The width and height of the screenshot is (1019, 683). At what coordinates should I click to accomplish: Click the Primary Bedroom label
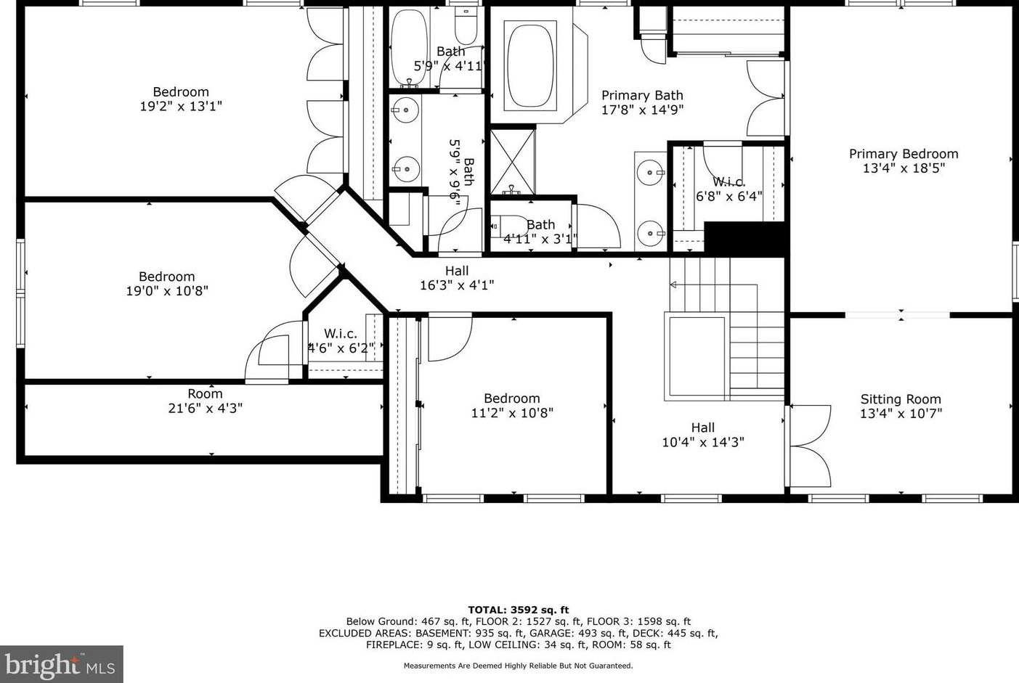(904, 160)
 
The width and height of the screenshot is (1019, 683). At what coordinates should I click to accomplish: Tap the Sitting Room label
(901, 406)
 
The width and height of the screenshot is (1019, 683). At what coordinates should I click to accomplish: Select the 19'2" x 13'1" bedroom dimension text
(181, 107)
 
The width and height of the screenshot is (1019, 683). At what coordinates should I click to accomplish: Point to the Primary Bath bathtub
(530, 66)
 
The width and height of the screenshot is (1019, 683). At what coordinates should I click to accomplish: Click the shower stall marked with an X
(513, 163)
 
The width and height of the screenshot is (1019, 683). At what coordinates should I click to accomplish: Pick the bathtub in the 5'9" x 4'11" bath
(408, 48)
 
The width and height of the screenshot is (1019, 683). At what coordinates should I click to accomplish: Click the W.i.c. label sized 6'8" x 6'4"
(728, 189)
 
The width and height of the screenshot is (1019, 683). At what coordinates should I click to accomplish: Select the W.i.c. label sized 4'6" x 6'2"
(341, 340)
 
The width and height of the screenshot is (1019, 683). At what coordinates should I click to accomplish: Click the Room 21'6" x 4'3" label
(205, 401)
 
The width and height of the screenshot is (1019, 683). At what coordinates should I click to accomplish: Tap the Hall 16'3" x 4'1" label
(457, 278)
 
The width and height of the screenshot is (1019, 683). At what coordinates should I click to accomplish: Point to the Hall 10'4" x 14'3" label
(703, 435)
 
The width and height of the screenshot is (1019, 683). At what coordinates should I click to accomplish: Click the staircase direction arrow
(713, 285)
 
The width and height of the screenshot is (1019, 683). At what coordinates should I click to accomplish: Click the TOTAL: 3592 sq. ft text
(518, 610)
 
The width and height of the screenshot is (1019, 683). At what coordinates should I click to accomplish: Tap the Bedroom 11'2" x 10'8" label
(512, 406)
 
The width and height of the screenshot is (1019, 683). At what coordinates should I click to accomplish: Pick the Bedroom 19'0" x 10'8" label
(167, 284)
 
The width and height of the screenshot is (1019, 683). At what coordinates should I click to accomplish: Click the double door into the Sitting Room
(811, 446)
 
